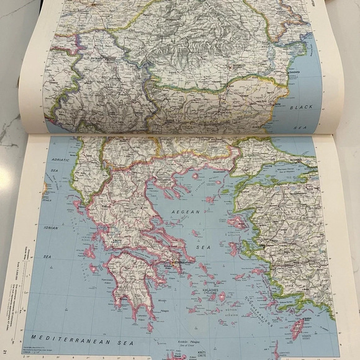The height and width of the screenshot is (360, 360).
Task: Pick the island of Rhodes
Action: [297, 328]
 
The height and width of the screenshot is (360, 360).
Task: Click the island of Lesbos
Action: [237, 222]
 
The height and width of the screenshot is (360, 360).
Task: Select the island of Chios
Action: [234, 249]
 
